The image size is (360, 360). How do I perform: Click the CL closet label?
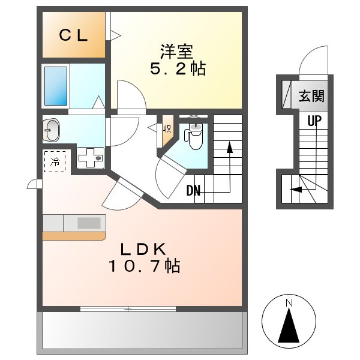pos(73,35)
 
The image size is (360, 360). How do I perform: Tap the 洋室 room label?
pos(177,49)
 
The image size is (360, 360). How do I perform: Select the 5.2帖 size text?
pos(177,69)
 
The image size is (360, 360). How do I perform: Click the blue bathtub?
pos(56,86)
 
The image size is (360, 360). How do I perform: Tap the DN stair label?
pos(193,191)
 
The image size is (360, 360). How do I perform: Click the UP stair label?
pos(314,121)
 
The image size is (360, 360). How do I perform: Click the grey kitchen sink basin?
pos(89,223)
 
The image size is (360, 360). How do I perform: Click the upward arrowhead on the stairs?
pos(229,146)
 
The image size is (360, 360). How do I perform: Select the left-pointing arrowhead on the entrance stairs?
pos(293,190)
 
